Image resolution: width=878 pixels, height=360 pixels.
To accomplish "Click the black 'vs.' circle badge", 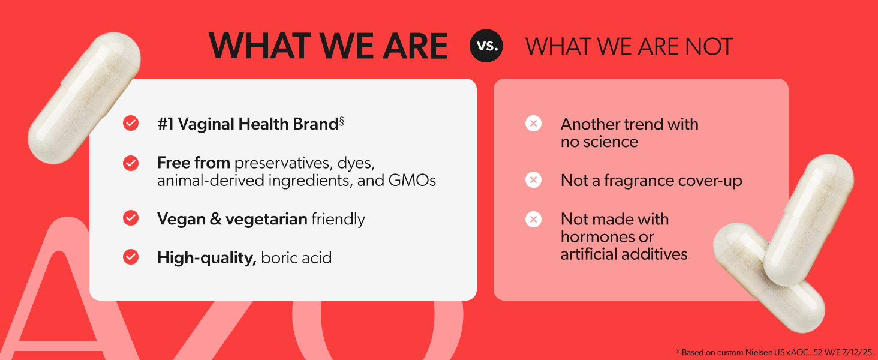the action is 486,46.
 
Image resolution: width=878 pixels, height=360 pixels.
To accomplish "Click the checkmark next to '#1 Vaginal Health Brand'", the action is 131,123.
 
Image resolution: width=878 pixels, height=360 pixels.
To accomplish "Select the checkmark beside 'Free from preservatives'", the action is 131,163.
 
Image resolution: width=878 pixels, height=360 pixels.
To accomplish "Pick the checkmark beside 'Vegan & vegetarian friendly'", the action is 131,218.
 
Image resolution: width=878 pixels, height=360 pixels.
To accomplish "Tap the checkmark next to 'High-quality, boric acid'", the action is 131,257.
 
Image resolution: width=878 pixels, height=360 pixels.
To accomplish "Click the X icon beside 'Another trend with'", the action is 534,124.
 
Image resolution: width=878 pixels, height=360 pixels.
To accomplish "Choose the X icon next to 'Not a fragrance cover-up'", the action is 534,180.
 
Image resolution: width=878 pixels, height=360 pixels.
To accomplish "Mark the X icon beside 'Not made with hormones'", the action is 534,219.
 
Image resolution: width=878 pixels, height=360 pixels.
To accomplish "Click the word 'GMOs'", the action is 412,181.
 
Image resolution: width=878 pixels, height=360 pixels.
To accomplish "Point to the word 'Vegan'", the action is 181,219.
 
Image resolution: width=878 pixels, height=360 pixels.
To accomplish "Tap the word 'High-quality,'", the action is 207,258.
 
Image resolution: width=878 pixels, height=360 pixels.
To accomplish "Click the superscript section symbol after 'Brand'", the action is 341,121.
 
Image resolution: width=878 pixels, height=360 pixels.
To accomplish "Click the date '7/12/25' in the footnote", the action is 858,352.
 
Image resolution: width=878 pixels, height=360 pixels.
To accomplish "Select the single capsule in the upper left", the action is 85,98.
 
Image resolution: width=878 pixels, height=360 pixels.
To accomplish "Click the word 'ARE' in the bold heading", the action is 414,46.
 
